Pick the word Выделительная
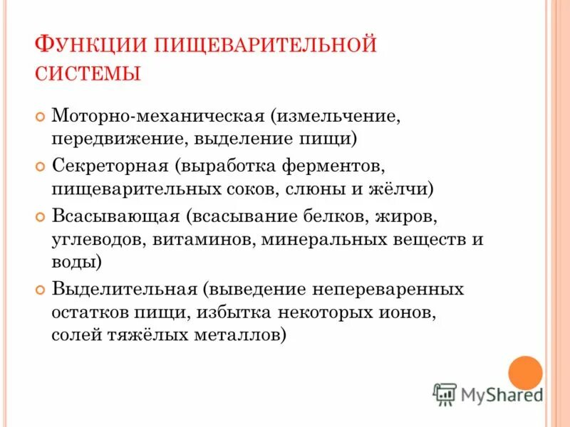124,290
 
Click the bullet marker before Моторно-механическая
40,116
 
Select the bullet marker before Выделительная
40,290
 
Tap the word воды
75,263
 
